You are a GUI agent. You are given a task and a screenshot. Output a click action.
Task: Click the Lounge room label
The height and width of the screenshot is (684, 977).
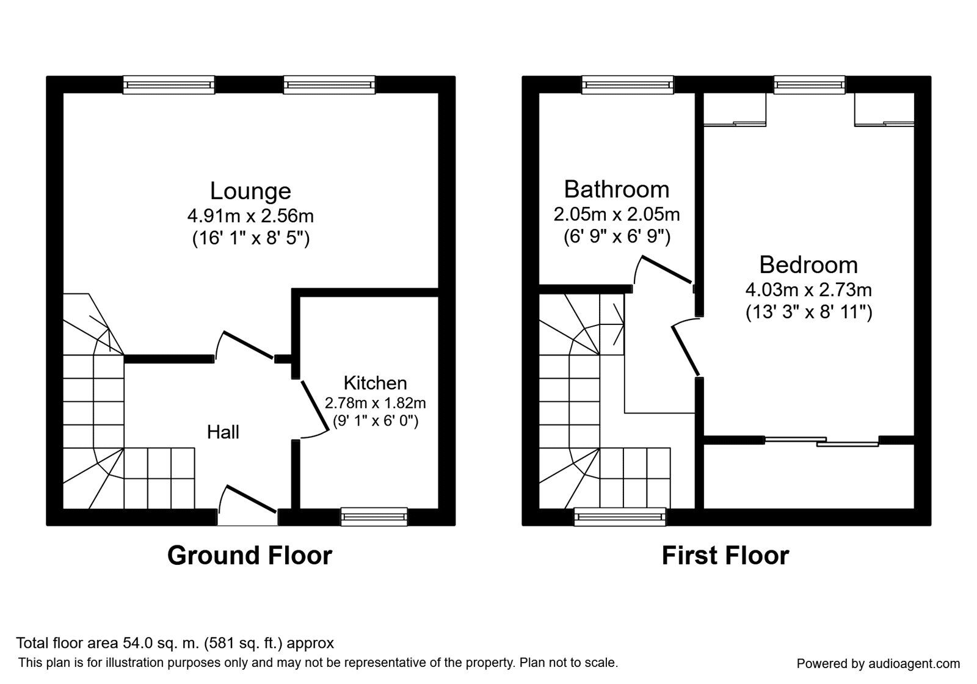point(250,191)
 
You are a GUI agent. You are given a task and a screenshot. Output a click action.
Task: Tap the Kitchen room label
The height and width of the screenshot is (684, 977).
point(375,383)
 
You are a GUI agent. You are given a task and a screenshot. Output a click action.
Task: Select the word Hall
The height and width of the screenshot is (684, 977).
point(223,432)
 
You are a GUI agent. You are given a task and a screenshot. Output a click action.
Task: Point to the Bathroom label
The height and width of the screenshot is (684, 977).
point(617,189)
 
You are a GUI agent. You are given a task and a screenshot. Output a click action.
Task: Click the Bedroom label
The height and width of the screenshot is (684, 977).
point(808,265)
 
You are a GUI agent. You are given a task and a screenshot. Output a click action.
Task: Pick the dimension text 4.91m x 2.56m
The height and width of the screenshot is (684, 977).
point(250,216)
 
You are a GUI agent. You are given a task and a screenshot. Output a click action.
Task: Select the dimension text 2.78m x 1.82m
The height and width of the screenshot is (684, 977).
point(375,403)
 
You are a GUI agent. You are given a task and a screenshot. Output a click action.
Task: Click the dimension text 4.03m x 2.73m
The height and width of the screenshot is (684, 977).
point(808,289)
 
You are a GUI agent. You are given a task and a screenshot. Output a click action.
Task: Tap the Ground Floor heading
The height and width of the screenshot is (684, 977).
point(250,556)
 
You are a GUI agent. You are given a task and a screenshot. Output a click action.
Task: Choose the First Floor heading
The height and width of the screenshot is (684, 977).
point(725,556)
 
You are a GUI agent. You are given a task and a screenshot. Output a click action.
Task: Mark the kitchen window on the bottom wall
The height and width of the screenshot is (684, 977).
point(374,517)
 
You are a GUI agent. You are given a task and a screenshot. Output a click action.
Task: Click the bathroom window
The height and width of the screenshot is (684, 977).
point(628,85)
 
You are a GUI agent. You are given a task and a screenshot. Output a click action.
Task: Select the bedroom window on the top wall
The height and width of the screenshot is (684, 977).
point(810,85)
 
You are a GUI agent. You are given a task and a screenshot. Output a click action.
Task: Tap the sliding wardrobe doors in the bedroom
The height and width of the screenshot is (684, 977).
point(822,440)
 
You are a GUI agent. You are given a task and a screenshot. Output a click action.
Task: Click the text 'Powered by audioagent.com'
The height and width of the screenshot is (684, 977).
point(879,663)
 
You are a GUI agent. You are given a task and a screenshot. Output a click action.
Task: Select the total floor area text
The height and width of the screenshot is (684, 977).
point(175,643)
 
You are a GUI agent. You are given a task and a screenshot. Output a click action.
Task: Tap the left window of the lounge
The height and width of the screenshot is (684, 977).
point(169,85)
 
